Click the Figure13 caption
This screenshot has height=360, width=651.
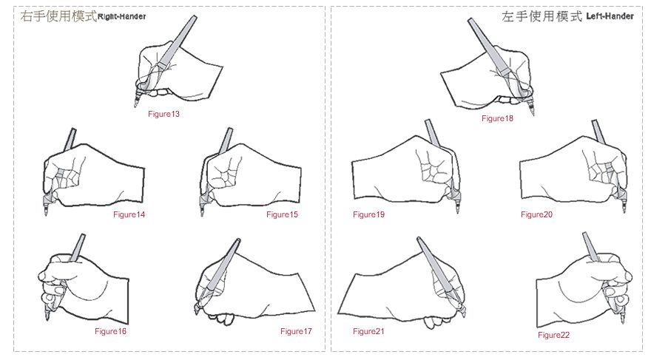click(x=163, y=114)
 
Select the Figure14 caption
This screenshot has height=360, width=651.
click(x=129, y=214)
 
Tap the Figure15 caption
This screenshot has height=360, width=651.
click(x=283, y=214)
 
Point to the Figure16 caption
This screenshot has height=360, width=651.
click(x=110, y=331)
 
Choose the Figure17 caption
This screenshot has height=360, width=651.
click(x=296, y=331)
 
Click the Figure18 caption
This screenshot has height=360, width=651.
click(x=497, y=118)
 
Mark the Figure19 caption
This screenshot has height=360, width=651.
click(x=368, y=214)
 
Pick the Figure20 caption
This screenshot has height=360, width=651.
click(x=537, y=214)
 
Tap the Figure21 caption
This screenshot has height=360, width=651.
click(x=368, y=331)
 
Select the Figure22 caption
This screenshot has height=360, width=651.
click(x=553, y=335)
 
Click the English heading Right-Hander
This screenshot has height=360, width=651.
click(x=121, y=16)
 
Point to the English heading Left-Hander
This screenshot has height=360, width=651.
click(x=610, y=16)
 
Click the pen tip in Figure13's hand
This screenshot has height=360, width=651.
click(x=135, y=106)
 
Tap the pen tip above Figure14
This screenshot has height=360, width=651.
click(x=46, y=214)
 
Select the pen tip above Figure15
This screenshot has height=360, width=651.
click(x=202, y=214)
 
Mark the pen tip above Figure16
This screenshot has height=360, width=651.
click(x=47, y=319)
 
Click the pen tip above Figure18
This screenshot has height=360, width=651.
click(x=533, y=114)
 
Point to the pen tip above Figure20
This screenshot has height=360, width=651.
click(x=624, y=211)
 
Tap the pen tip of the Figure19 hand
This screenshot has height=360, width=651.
click(x=458, y=211)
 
